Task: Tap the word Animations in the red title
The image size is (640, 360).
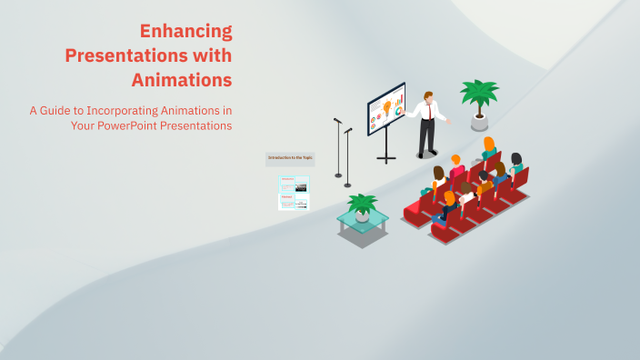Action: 181,79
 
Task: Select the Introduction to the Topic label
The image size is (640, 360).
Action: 290,158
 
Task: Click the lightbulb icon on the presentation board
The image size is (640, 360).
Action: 387,106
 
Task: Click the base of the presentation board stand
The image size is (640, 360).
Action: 386,159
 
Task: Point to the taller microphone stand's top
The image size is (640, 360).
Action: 336,120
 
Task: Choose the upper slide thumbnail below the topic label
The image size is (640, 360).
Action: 294,184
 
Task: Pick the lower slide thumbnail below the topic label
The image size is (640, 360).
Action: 294,202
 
